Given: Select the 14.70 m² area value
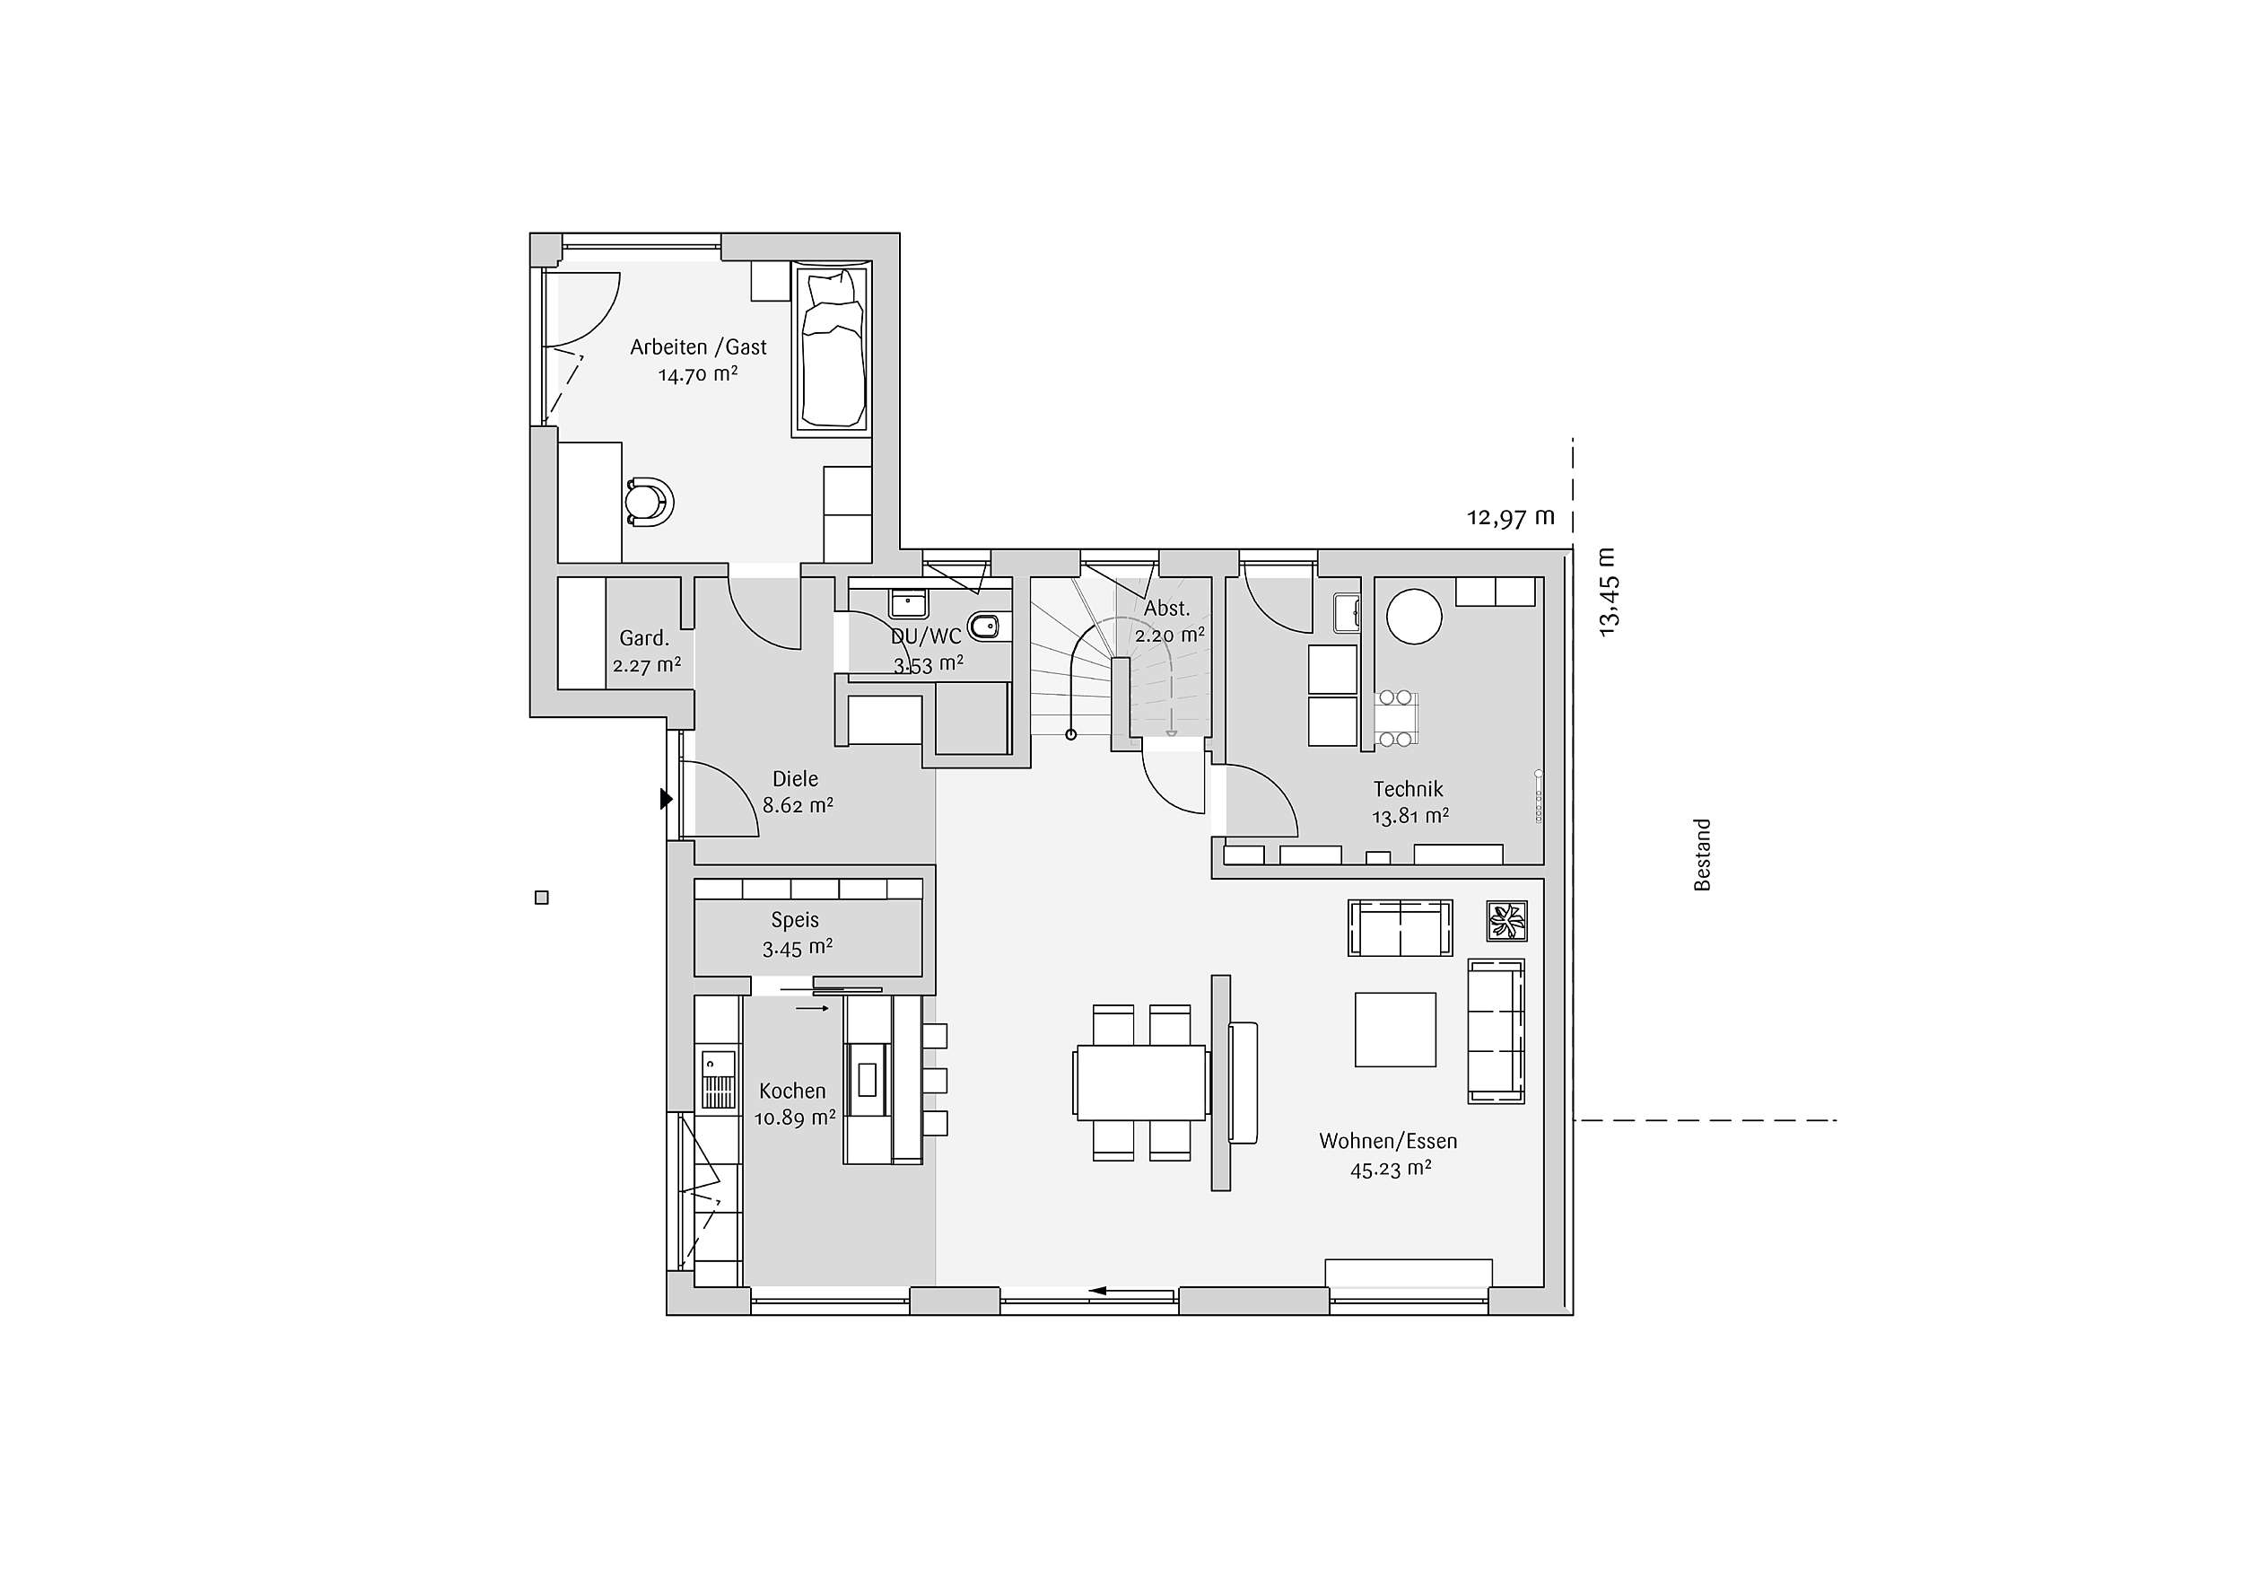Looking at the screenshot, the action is [x=697, y=374].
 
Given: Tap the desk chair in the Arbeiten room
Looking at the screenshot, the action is [x=649, y=503].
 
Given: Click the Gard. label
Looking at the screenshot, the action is [x=644, y=639].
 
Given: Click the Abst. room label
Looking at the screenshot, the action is [x=1166, y=608].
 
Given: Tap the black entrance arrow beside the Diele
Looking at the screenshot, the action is [x=667, y=800].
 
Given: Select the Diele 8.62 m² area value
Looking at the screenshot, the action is [x=799, y=806].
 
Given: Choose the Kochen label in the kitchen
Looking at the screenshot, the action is [x=792, y=1092].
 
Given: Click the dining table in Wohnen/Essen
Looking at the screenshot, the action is [x=1140, y=1082].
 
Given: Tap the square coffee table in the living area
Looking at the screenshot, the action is [x=1395, y=1029].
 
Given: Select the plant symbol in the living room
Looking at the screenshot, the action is [x=1506, y=922].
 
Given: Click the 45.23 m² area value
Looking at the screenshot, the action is [x=1392, y=1169].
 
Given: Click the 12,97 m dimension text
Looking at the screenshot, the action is [x=1510, y=517].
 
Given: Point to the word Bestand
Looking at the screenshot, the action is [x=1703, y=855].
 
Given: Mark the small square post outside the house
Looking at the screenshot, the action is [x=542, y=898].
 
